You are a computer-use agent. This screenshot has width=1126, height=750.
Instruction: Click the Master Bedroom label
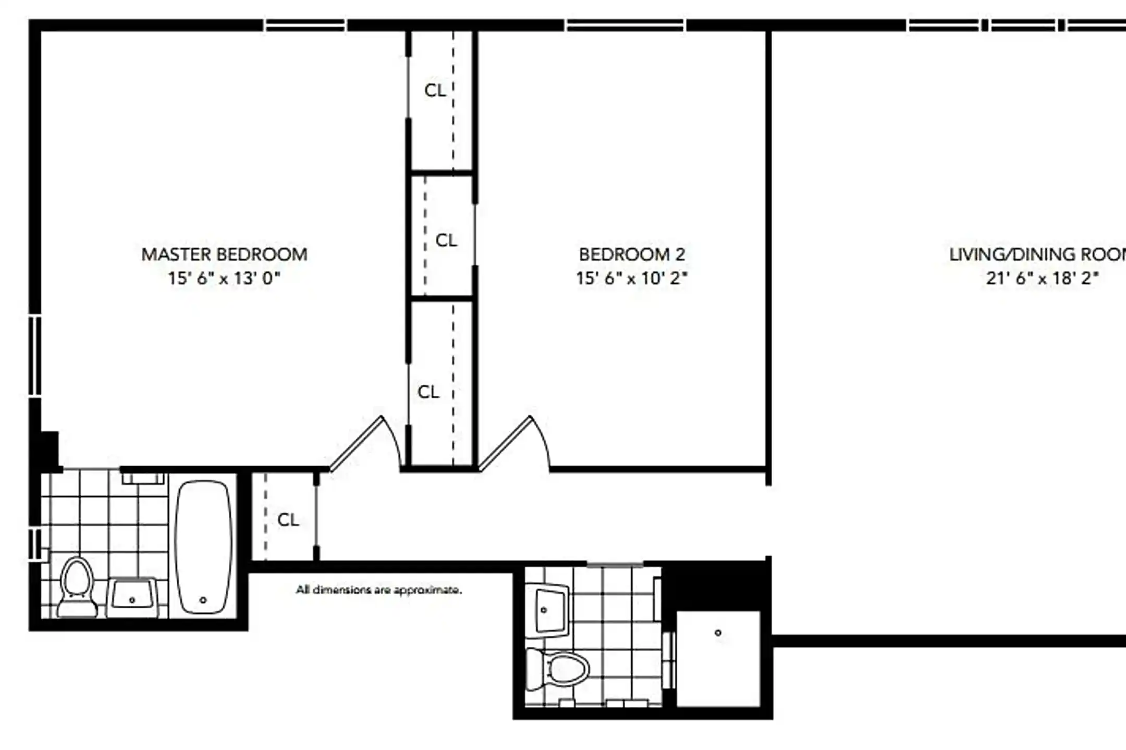click(x=224, y=255)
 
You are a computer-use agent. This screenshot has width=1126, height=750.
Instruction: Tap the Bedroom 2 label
click(x=632, y=255)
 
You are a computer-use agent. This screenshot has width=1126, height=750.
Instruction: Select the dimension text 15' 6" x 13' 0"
click(x=224, y=279)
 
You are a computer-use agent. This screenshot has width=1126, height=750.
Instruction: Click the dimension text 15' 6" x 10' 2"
click(x=632, y=279)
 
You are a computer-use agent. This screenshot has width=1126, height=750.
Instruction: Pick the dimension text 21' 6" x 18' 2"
click(x=1042, y=279)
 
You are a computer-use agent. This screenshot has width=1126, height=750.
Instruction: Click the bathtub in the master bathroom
click(x=203, y=547)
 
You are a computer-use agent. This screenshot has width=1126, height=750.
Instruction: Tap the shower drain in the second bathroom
click(x=718, y=633)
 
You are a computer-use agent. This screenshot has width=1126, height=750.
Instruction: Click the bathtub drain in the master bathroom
click(x=203, y=600)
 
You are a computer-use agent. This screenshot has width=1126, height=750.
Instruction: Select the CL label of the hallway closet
click(x=288, y=520)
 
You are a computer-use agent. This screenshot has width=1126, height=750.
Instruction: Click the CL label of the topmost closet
click(x=435, y=91)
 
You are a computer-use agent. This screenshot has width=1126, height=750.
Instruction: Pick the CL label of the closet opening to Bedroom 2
click(x=446, y=241)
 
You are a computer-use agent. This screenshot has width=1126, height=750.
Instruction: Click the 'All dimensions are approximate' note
click(x=379, y=590)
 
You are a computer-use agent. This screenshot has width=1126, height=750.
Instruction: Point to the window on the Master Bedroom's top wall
click(x=305, y=25)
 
